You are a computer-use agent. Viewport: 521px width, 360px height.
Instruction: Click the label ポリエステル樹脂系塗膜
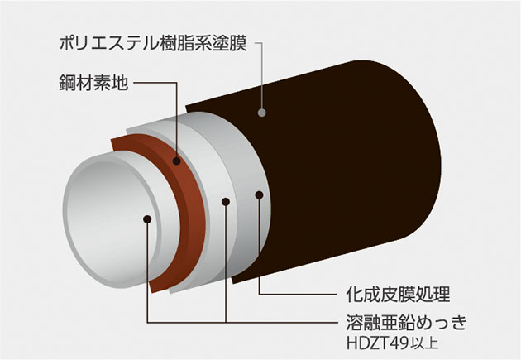point(153,44)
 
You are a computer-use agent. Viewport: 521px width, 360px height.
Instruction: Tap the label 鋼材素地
point(93,83)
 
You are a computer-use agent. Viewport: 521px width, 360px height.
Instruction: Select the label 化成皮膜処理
point(398,294)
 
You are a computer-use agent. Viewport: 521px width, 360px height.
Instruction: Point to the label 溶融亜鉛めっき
point(407,322)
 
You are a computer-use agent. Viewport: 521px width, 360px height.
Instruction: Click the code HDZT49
point(377,343)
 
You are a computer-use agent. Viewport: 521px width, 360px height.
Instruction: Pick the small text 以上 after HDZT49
point(424,343)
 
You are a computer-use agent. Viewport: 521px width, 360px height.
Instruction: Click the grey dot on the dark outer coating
point(262,113)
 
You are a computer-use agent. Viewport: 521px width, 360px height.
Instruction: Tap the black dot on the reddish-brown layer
point(177,161)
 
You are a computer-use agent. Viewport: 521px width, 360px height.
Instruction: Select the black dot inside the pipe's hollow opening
point(147,219)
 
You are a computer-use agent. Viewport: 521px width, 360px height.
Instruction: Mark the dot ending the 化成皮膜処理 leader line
point(259,195)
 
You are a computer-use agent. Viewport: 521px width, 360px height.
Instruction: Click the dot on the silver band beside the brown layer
point(226,201)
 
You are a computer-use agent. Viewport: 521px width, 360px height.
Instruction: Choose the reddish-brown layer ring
point(186,199)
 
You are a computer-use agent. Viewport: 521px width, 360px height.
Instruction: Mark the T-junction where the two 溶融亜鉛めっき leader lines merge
point(226,322)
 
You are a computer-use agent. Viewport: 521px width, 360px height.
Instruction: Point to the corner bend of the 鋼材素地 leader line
point(177,83)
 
